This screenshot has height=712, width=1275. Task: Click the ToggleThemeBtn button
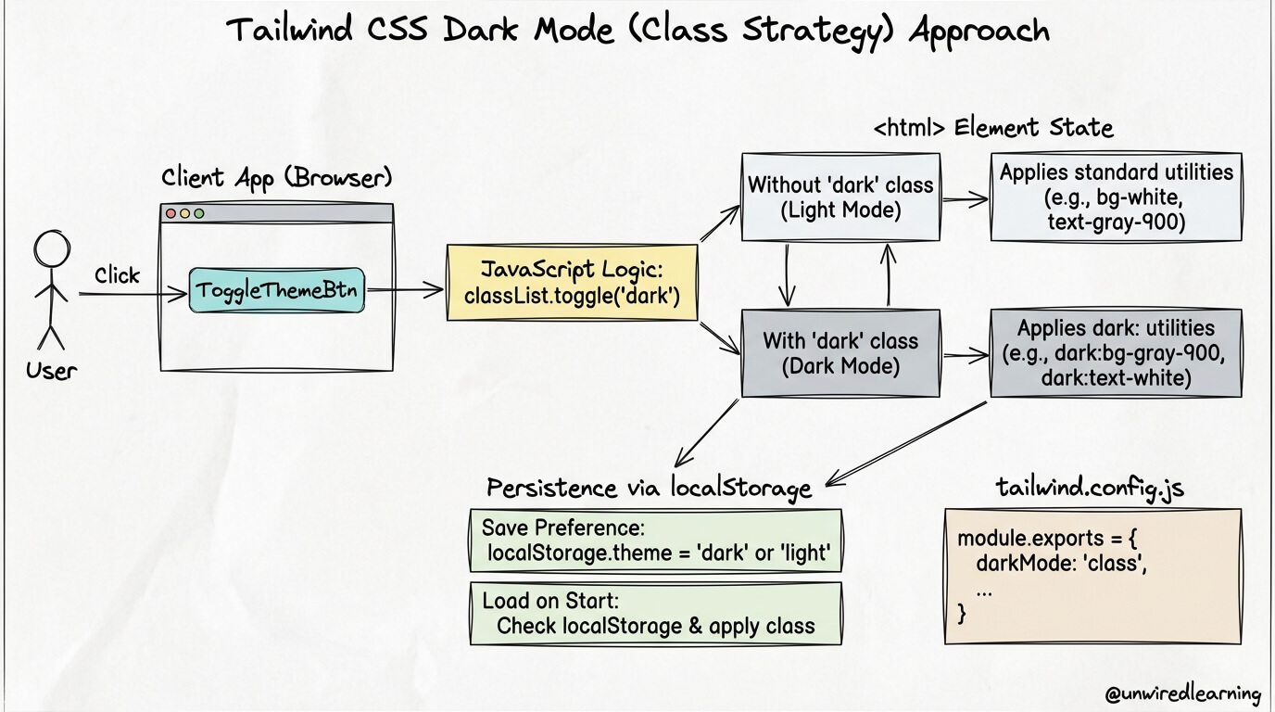[277, 289]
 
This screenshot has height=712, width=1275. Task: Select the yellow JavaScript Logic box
[572, 283]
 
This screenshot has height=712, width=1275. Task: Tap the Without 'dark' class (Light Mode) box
[840, 197]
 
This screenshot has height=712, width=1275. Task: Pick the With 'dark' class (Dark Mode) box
[840, 353]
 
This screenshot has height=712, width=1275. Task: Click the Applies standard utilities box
[1116, 197]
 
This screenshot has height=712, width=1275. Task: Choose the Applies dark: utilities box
[1116, 353]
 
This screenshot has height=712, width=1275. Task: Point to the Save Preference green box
[656, 541]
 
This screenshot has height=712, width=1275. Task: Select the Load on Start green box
[656, 613]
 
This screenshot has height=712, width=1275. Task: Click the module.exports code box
[1092, 576]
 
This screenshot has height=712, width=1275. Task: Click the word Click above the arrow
[117, 275]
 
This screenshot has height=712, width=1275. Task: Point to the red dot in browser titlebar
[170, 213]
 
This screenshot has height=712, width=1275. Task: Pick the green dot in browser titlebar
[198, 213]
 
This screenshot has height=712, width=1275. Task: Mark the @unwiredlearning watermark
[1183, 693]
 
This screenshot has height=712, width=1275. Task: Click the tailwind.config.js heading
[1089, 488]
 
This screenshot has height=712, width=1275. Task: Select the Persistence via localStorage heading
[649, 488]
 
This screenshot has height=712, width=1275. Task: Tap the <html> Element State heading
[993, 127]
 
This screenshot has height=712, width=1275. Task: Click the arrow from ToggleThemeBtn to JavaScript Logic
[405, 289]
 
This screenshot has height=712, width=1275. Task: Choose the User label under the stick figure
[52, 371]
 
